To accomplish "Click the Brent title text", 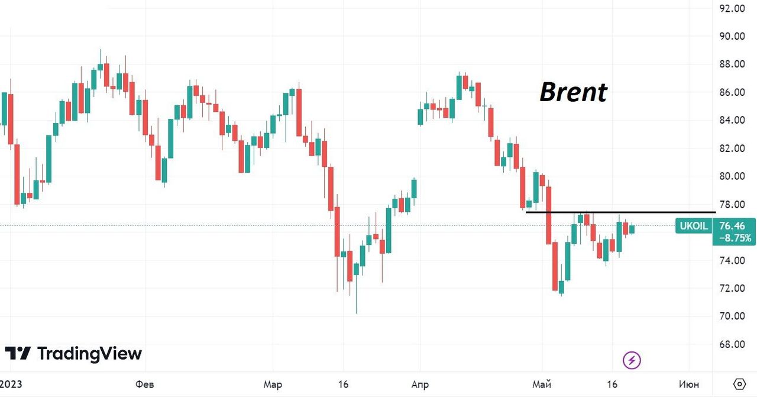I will (573, 92).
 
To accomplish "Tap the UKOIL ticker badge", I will (693, 225).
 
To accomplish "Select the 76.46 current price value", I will (732, 225).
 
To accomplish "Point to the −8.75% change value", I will (735, 238).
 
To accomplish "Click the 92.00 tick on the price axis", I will (732, 8).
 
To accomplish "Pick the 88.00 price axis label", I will (732, 64).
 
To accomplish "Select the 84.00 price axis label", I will (732, 120).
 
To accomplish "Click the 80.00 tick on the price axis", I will (732, 176).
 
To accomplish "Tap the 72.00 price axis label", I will (732, 288).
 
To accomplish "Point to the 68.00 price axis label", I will (732, 344).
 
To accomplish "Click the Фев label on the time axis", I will (145, 385).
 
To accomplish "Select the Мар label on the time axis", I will (273, 385).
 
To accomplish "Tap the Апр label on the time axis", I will (419, 385).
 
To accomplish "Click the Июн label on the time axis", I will (688, 385).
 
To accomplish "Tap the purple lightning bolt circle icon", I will (632, 360).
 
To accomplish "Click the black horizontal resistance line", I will (621, 211).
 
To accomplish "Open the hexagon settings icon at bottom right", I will (739, 383).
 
